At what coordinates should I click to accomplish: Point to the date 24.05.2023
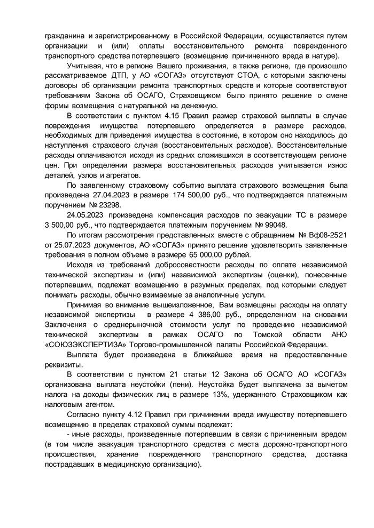click(x=89, y=216)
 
